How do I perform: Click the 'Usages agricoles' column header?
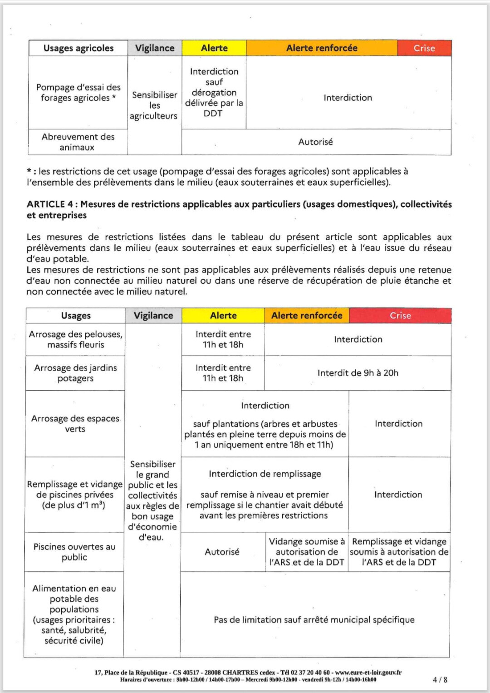coord(78,48)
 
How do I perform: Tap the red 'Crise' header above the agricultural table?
coord(424,48)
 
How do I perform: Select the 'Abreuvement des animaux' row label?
coord(78,142)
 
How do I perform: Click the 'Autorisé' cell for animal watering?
coord(316,142)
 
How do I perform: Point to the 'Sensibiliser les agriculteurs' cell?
coord(154,105)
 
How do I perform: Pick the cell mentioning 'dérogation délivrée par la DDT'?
coord(214,93)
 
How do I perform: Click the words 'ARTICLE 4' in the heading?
coord(46,204)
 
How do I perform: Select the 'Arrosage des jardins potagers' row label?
coord(75,373)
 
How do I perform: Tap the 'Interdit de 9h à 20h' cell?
coord(358,373)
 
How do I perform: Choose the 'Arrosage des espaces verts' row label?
coord(75,424)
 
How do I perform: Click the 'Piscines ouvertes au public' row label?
coord(74,552)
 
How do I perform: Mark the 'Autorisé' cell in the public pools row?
coord(222,552)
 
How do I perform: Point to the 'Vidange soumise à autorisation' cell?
coord(307,552)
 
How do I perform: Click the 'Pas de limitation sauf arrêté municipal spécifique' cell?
coord(314,620)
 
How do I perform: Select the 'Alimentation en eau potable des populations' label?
coord(74,614)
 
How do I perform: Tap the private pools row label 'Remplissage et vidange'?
coord(75,495)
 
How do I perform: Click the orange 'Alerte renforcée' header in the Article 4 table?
coord(307,316)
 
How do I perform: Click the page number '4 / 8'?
coord(440,680)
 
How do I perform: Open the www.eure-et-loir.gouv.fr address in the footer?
coord(368,673)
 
